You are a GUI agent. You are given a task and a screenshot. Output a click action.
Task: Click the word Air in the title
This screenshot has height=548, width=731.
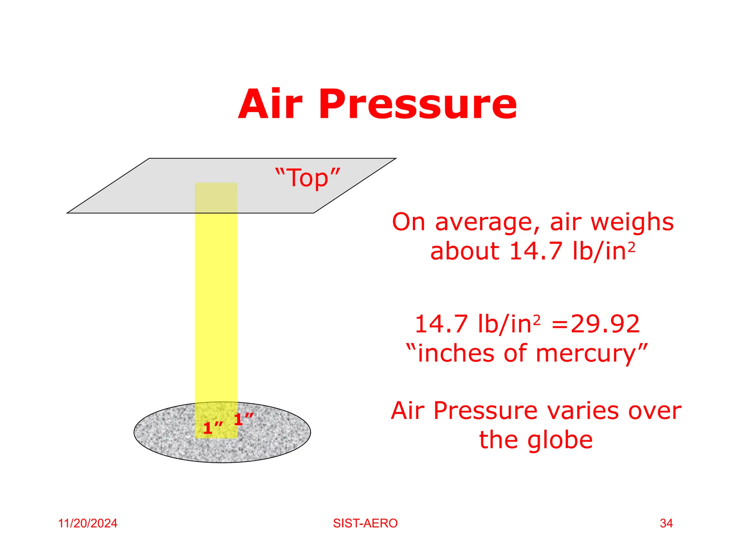click(x=270, y=105)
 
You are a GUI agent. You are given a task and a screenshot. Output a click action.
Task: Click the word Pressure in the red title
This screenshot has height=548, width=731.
click(x=418, y=105)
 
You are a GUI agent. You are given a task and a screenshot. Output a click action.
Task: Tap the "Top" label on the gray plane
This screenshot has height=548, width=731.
click(x=308, y=178)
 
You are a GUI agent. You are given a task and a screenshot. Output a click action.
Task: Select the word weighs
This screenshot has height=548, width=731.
click(x=632, y=222)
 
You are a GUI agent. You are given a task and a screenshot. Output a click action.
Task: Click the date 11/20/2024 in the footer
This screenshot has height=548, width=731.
click(x=88, y=523)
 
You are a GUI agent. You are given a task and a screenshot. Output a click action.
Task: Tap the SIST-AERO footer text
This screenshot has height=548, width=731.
click(x=365, y=523)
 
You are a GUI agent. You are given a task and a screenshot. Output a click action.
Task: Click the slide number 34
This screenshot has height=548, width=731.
click(x=666, y=523)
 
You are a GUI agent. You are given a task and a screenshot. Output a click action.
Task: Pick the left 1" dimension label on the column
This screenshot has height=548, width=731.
click(x=213, y=428)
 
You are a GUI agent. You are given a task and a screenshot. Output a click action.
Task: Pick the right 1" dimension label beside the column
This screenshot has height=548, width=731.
click(x=243, y=419)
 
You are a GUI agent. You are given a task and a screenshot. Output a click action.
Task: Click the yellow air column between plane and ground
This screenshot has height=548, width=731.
click(x=216, y=303)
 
